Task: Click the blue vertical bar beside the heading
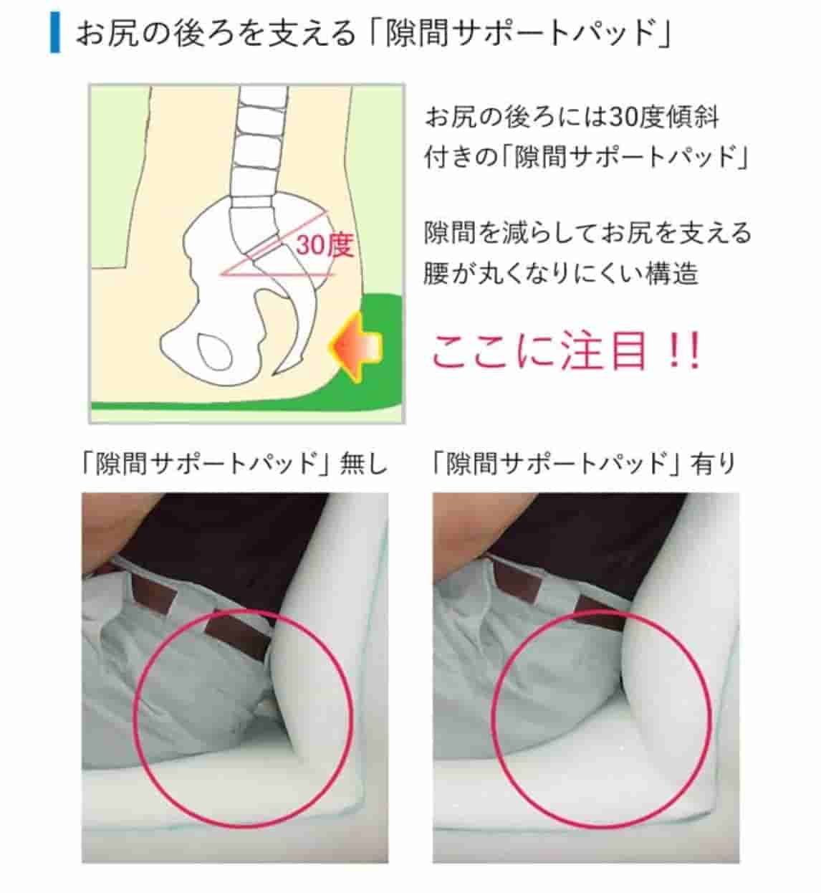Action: click(55, 32)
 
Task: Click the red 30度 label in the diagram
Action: click(325, 244)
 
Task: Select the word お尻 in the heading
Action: click(105, 32)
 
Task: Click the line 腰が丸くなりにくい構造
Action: click(560, 273)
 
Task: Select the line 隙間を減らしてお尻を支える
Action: click(587, 232)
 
